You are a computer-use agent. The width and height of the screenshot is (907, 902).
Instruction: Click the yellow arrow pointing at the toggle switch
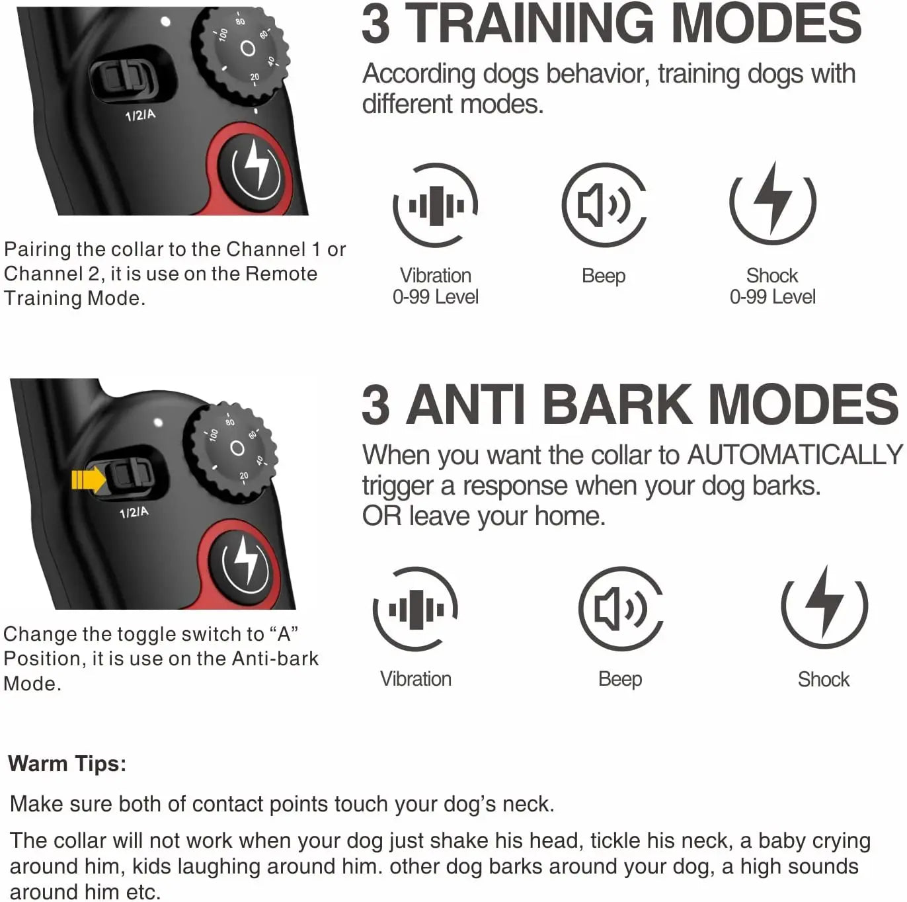88,479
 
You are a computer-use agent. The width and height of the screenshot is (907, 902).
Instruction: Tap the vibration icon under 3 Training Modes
436,205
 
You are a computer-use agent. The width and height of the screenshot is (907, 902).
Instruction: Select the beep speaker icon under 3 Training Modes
604,205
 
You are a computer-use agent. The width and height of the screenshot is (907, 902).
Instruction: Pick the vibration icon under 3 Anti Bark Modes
416,609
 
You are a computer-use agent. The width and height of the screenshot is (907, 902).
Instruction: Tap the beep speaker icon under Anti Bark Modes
620,608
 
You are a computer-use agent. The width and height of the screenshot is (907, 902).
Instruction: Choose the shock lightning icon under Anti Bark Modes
824,606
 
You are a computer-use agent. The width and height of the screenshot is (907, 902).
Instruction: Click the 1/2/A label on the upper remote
140,115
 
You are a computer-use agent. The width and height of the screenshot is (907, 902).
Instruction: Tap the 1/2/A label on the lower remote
134,512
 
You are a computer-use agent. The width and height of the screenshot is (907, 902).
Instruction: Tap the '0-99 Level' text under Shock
772,297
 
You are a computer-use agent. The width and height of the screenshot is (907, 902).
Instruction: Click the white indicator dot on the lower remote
158,421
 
